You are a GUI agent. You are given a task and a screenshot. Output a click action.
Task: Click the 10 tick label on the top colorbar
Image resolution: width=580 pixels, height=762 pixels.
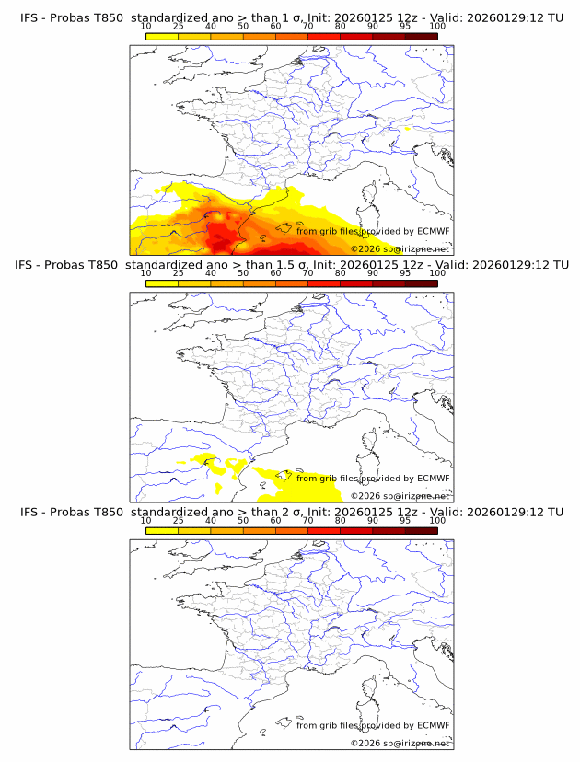tap(146, 26)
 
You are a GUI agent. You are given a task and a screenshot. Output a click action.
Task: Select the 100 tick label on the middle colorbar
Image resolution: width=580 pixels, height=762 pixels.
tap(437, 272)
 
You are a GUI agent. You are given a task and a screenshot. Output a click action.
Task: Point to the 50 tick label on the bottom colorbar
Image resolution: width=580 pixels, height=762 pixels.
tap(243, 520)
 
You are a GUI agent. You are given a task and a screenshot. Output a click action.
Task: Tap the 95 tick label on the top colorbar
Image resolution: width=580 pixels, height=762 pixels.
tap(405, 26)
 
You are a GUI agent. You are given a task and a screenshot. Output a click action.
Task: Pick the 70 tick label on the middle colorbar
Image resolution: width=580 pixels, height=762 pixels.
tap(307, 272)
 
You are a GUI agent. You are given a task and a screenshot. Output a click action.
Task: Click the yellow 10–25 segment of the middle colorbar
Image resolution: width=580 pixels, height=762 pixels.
tap(162, 283)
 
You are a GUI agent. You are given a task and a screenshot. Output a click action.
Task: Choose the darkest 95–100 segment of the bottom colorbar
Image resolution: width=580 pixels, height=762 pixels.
tap(421, 530)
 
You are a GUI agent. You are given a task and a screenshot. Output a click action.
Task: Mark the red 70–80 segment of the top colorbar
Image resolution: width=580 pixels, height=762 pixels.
tap(324, 36)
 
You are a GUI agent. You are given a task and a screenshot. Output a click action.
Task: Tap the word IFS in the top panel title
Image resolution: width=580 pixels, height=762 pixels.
tap(30, 17)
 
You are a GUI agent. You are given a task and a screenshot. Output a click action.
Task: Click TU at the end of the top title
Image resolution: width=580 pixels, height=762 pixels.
tap(555, 17)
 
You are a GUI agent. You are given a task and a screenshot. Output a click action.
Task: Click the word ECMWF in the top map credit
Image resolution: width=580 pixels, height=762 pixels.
tap(433, 231)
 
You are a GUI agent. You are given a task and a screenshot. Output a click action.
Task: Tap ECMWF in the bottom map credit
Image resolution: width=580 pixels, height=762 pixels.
tap(433, 725)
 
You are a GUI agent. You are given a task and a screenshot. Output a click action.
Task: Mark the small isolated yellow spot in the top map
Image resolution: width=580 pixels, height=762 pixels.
tap(407, 130)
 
